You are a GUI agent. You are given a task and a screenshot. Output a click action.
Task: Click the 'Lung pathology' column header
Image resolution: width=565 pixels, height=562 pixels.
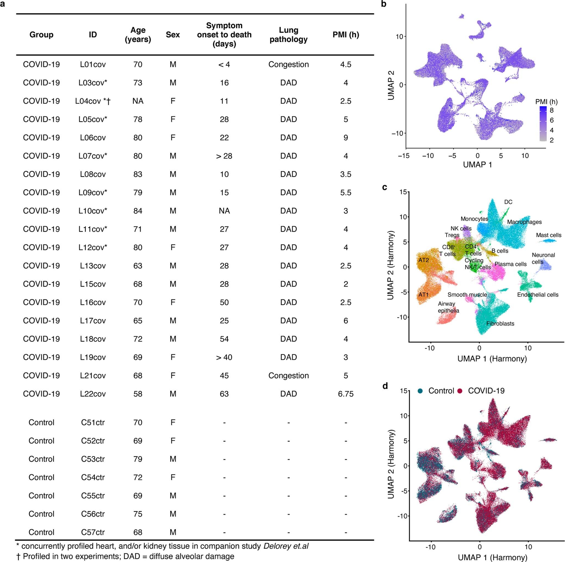coord(288,35)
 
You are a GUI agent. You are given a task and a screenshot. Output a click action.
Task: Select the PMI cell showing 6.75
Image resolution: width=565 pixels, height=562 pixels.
coord(345,394)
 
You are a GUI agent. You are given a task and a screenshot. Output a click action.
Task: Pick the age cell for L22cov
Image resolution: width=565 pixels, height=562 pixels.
coord(138,394)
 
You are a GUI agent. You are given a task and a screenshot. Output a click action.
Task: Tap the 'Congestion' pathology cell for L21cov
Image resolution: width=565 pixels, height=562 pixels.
coord(288,375)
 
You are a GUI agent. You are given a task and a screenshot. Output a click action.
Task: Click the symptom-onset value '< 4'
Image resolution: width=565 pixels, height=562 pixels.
coord(224,64)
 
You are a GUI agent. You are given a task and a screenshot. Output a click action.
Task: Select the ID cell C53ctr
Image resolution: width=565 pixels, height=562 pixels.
coord(93,459)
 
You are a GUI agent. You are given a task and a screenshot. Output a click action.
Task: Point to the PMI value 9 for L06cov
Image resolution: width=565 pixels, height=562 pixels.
coord(345,138)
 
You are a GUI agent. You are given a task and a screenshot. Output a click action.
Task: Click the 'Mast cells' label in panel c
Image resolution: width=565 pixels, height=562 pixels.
coord(548,235)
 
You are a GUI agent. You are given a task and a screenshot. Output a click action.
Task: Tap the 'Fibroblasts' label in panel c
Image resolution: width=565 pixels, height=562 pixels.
coord(500,324)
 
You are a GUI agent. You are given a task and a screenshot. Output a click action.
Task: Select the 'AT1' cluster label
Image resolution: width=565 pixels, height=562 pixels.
coord(423,295)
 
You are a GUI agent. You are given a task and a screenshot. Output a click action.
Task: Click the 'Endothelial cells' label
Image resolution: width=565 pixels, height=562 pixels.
coord(538,295)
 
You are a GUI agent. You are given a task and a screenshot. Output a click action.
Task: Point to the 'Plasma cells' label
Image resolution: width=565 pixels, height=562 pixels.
coord(510,264)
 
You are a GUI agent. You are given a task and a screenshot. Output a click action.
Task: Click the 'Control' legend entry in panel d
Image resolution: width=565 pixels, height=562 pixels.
coord(441,391)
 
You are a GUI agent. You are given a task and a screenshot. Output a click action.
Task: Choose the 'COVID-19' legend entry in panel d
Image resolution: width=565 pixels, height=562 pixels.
coord(486,391)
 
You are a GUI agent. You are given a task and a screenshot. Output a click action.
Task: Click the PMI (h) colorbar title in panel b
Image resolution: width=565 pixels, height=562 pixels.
coord(546,102)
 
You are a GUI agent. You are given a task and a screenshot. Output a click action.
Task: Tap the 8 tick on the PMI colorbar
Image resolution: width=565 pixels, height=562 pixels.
coord(552,110)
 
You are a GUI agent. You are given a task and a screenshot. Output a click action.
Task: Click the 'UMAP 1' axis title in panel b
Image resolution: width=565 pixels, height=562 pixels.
coord(477,165)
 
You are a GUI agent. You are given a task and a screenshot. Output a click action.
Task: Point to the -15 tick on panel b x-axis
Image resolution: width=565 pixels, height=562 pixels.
coord(404,156)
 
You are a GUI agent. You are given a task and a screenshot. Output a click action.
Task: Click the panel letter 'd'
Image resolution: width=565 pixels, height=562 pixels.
coord(385,386)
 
